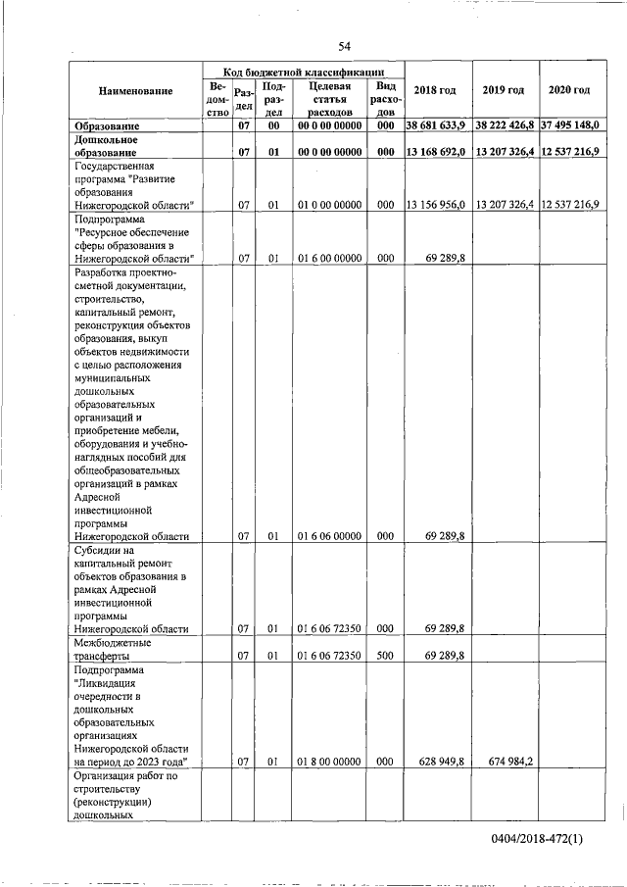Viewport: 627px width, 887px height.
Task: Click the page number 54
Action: (345, 46)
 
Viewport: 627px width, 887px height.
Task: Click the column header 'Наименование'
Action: (135, 91)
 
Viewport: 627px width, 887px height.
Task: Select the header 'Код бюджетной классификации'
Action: (302, 72)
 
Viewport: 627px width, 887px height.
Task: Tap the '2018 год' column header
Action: (435, 91)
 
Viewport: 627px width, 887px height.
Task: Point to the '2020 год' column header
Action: (569, 91)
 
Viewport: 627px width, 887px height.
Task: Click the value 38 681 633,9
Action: (435, 126)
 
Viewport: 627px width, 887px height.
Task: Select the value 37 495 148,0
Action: (569, 126)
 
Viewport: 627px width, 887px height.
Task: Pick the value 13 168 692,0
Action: (435, 152)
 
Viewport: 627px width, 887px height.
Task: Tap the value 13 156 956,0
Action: (435, 205)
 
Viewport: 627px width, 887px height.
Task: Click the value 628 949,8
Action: (445, 761)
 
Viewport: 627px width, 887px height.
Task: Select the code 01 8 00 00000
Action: (329, 761)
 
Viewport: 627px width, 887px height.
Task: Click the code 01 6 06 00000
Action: (329, 536)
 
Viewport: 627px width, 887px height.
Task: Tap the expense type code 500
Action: (385, 656)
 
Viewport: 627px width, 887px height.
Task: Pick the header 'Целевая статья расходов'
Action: (329, 99)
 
